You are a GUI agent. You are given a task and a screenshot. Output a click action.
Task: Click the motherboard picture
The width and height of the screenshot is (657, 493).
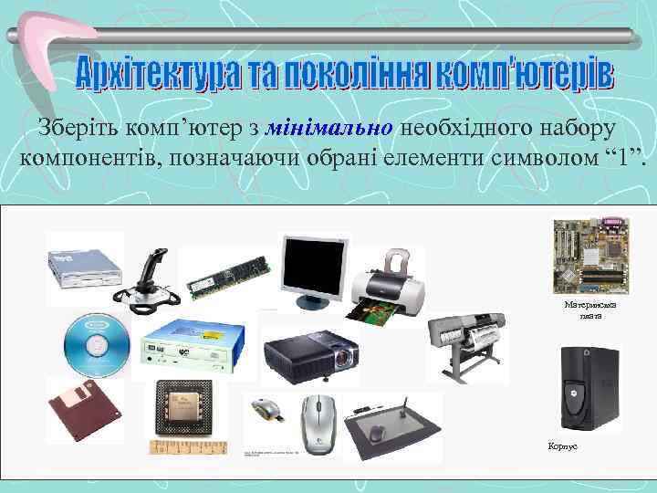click(590, 252)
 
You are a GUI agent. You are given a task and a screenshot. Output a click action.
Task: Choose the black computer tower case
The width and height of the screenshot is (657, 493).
click(588, 388)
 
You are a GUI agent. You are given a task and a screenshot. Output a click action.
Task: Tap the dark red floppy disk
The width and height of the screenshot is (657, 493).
click(85, 410)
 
